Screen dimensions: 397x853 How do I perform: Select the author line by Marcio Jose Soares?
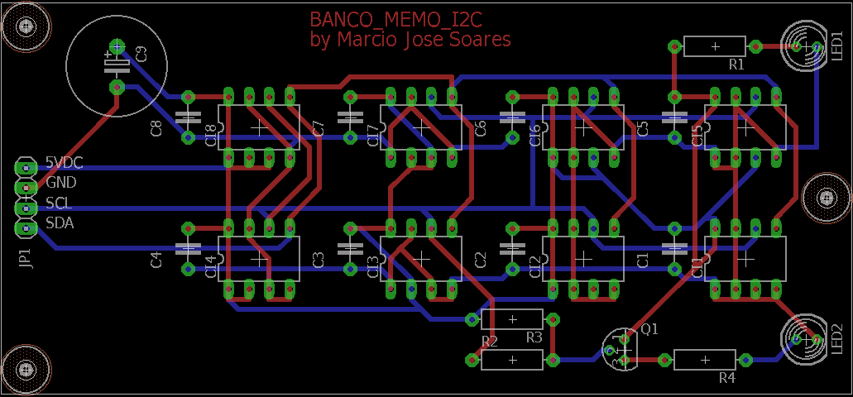[410, 40]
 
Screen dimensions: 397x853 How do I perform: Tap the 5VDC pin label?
[64, 163]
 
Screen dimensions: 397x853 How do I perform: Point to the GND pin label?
[60, 183]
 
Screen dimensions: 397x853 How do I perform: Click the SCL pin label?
[58, 203]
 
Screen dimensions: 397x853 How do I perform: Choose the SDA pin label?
[59, 222]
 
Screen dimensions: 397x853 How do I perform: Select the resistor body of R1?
[715, 46]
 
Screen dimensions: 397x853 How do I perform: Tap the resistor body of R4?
[705, 360]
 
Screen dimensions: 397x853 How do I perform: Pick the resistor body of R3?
[513, 319]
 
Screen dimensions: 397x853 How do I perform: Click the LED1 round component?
[803, 46]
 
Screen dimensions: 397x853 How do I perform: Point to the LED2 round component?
[803, 339]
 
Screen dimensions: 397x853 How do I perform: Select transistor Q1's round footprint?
[619, 347]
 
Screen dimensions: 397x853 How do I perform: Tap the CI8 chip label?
[210, 134]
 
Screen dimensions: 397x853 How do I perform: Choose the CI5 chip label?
[697, 134]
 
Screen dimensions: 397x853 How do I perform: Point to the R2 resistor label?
[489, 341]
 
